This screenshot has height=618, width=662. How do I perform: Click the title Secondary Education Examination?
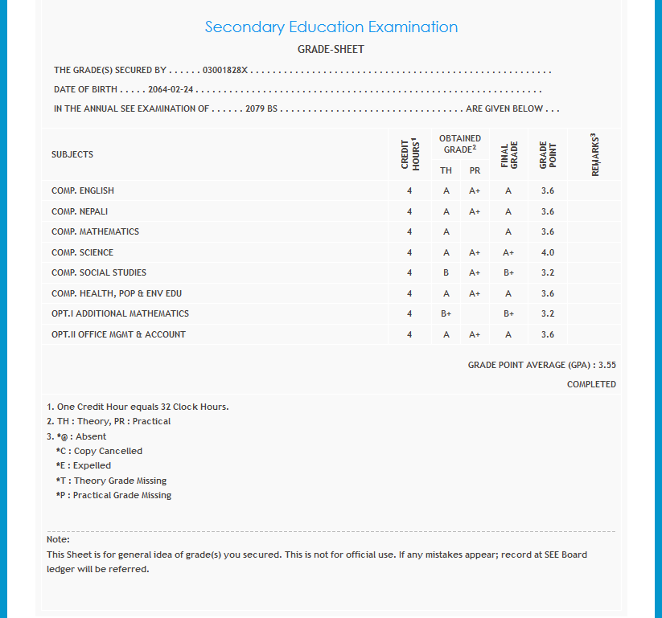[331, 27]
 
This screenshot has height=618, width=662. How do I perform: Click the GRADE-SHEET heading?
[331, 49]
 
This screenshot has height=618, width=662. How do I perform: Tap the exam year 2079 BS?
[261, 108]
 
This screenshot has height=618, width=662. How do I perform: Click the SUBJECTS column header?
[72, 154]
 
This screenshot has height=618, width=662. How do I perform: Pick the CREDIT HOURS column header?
[410, 153]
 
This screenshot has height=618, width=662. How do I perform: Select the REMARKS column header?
[595, 154]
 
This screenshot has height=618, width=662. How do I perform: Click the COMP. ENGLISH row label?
[83, 190]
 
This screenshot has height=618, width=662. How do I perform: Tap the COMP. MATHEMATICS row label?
[95, 231]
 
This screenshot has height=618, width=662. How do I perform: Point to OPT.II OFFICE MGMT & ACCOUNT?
[118, 334]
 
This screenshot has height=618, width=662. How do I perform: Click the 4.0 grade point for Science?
[548, 252]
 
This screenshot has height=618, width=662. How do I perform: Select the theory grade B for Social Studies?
[446, 272]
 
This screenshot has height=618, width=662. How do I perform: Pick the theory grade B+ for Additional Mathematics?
[446, 313]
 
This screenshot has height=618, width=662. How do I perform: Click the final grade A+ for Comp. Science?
[508, 252]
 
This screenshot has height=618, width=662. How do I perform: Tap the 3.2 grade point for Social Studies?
[548, 272]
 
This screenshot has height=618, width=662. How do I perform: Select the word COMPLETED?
[591, 384]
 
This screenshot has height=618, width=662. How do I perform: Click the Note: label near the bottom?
[58, 539]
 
